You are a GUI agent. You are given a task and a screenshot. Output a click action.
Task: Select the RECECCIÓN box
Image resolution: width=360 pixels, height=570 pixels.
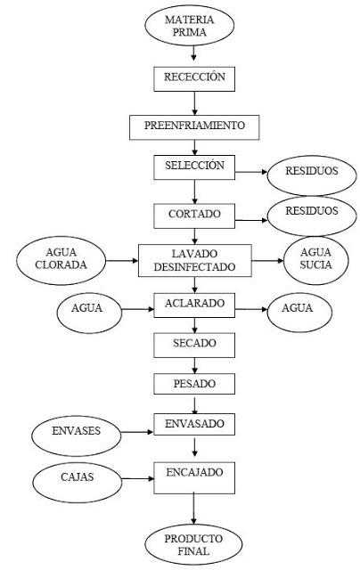[193, 78]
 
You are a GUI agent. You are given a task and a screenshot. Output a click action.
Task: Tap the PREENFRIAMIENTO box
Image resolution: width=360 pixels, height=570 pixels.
[193, 126]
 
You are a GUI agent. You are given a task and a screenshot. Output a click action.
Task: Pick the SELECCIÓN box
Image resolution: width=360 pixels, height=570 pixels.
[193, 167]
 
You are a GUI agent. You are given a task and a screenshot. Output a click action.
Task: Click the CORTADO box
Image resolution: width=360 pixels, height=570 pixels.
[193, 215]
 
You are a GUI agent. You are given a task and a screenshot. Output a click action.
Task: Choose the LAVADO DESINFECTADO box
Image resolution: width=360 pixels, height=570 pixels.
[194, 260]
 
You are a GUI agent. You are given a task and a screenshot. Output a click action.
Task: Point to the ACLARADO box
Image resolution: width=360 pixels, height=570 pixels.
[193, 305]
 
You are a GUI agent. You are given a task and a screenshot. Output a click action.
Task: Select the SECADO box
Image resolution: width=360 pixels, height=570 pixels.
[193, 343]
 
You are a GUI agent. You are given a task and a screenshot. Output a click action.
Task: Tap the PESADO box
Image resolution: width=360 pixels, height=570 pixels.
[193, 384]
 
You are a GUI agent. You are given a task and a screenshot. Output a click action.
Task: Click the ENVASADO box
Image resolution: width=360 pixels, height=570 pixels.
[193, 424]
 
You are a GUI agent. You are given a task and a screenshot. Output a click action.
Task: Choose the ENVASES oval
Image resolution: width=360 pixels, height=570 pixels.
[77, 433]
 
